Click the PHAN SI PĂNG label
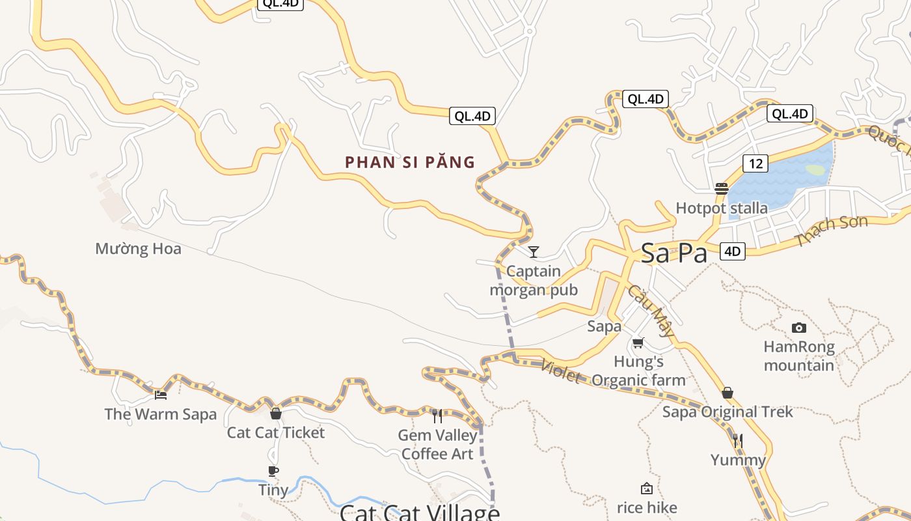(x=410, y=162)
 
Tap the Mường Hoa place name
(x=138, y=249)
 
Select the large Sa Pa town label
(x=673, y=253)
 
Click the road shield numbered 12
(x=755, y=163)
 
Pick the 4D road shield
(x=733, y=251)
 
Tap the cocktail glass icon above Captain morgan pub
(x=534, y=251)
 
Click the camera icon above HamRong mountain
(x=798, y=328)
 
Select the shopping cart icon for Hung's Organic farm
(x=638, y=343)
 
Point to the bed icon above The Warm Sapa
(x=161, y=395)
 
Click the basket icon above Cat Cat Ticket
(x=276, y=414)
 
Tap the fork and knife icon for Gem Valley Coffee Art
(x=437, y=415)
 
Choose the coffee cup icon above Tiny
(x=273, y=471)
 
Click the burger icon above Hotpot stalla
(x=721, y=189)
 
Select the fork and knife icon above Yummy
(x=738, y=441)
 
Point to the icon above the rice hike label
(x=647, y=488)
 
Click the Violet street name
(x=560, y=371)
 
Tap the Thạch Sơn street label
(x=831, y=231)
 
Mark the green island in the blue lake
(x=815, y=170)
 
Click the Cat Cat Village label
(x=420, y=513)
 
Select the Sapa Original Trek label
(x=727, y=412)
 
